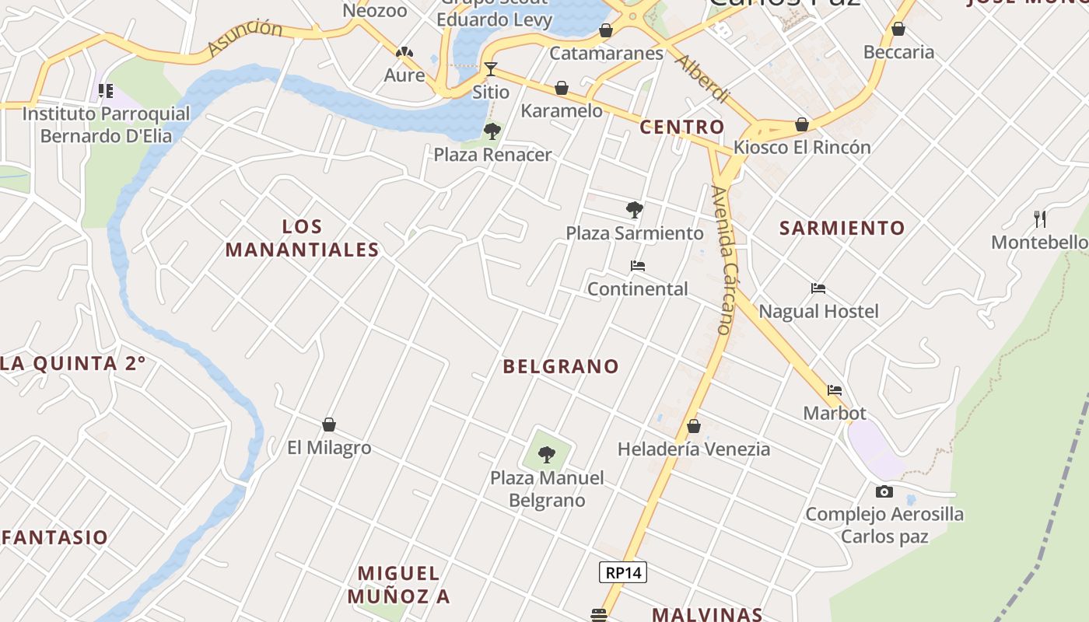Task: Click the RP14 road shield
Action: (x=623, y=573)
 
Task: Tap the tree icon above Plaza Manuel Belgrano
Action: (x=547, y=454)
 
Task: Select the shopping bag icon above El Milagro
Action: (x=329, y=425)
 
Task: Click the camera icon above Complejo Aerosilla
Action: (x=884, y=491)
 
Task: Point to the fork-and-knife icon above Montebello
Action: (x=1040, y=218)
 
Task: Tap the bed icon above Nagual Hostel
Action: (x=818, y=288)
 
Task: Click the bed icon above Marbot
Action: (x=835, y=390)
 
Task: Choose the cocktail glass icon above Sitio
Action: (x=490, y=69)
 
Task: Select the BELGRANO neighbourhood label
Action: (x=561, y=366)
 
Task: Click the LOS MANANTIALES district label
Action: (x=302, y=238)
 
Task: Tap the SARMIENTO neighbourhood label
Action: (x=842, y=228)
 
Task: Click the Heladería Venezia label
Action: (x=694, y=449)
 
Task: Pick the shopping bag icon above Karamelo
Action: (x=562, y=88)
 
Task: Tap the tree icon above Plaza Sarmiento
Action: (x=634, y=209)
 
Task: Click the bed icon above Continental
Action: (x=637, y=266)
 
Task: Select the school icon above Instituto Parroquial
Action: (x=106, y=91)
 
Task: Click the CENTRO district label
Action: (x=681, y=127)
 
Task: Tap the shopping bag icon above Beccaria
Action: (x=898, y=30)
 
